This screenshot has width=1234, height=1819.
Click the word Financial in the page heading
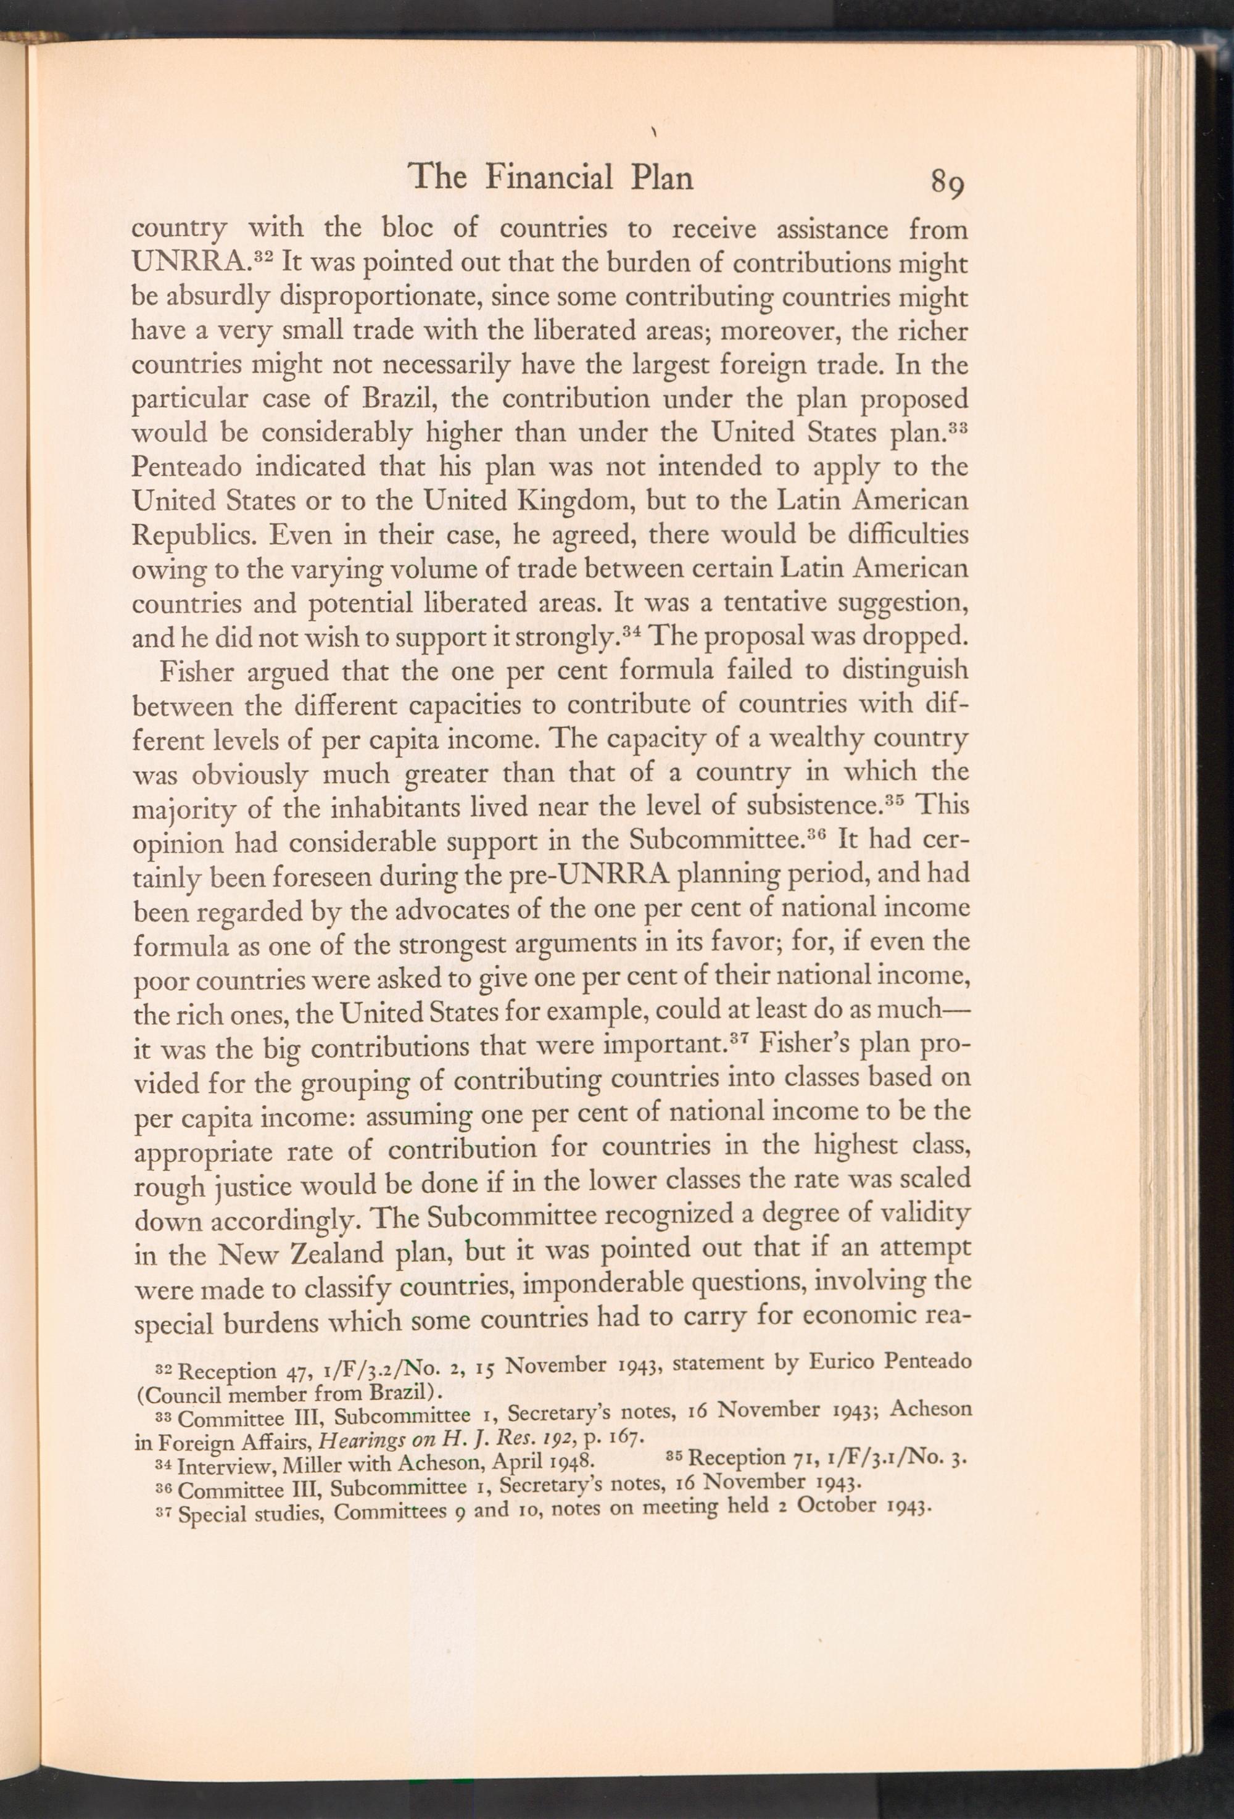click(x=549, y=177)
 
